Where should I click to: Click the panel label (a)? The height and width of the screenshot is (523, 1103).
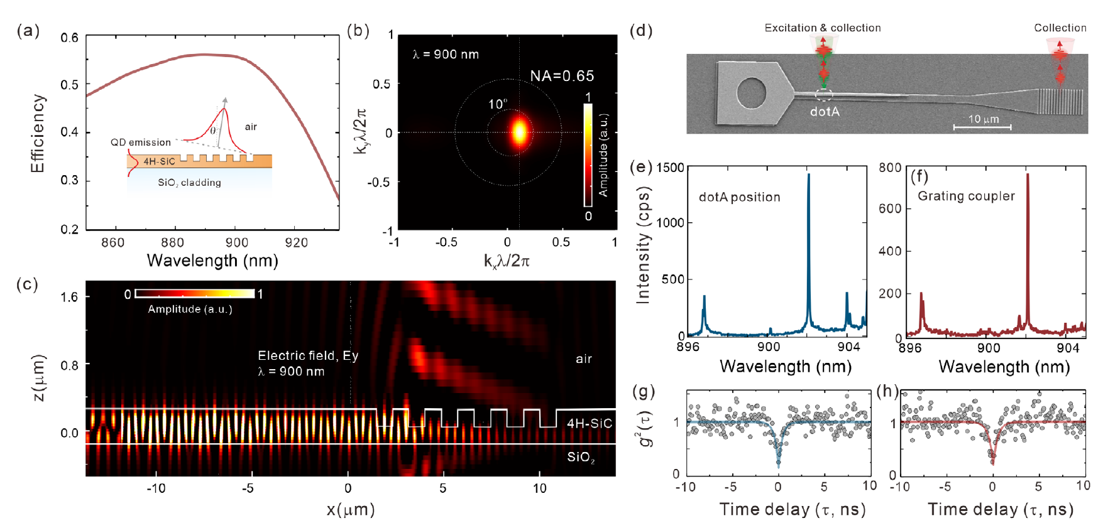(x=28, y=30)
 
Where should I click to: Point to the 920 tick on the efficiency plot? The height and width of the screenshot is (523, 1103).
(x=296, y=242)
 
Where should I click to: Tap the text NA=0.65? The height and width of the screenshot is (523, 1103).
(x=562, y=76)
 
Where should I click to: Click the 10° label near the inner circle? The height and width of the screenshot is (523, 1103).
(x=498, y=104)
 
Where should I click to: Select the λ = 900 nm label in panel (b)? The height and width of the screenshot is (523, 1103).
(x=446, y=55)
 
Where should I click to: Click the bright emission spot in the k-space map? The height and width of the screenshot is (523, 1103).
(x=520, y=132)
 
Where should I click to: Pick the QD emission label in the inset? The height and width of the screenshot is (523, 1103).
(x=140, y=143)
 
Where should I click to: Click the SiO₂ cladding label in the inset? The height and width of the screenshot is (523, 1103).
(x=189, y=183)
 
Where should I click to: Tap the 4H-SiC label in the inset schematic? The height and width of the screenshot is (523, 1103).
(x=159, y=161)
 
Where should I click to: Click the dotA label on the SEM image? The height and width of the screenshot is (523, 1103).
(x=825, y=112)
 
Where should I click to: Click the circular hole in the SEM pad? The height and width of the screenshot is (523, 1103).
(x=751, y=95)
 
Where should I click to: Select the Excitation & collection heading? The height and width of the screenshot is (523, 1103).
(x=822, y=28)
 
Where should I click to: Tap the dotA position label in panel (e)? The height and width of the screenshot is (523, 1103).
(x=739, y=197)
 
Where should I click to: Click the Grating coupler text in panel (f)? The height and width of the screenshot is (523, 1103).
(x=966, y=196)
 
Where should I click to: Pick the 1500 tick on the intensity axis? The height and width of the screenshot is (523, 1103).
(x=670, y=168)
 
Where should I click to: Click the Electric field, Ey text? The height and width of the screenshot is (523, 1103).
(x=308, y=356)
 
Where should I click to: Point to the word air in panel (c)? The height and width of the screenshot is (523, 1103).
(x=584, y=359)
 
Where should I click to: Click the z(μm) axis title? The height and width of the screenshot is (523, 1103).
(x=39, y=377)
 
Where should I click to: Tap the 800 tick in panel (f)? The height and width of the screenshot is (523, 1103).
(x=890, y=168)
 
